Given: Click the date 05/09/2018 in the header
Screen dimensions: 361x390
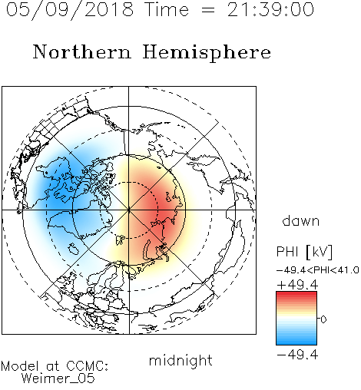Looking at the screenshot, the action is tap(70, 10).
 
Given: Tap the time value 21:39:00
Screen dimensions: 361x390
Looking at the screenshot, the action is tap(270, 10).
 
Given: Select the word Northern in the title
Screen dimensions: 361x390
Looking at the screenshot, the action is tap(82, 52).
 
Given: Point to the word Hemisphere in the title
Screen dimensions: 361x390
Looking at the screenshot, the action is tap(207, 53).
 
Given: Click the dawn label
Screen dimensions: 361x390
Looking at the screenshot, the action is tap(301, 221).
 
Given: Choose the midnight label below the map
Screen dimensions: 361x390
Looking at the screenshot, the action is tap(180, 361).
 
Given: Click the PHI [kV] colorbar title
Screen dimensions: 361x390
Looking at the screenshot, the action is tap(304, 252).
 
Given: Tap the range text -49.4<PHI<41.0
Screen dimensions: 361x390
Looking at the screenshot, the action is tap(317, 270).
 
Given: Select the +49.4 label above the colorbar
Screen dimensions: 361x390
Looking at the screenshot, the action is tap(297, 285).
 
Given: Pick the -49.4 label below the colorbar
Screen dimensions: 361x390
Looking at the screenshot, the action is tap(297, 355).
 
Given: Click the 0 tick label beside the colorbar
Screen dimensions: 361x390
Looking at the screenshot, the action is tap(323, 319).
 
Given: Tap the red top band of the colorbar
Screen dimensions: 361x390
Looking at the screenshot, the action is tap(296, 295).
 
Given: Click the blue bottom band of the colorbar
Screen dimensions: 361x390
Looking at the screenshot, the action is tap(296, 341).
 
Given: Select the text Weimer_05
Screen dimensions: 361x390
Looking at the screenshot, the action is tap(58, 378).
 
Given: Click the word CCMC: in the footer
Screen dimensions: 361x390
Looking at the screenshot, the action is tap(87, 366).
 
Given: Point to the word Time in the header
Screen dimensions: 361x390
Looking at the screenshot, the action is tap(167, 10).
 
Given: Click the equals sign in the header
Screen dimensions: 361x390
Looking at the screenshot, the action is tap(208, 11).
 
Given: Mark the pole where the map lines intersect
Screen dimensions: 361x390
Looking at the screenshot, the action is tap(129, 210).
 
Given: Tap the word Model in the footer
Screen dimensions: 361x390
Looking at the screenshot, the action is tap(20, 366).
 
